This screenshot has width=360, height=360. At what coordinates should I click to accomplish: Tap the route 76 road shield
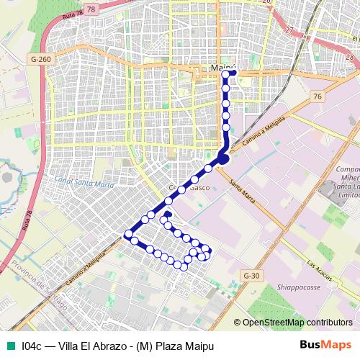point(317,96)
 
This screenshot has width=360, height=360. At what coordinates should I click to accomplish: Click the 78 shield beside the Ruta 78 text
point(90,9)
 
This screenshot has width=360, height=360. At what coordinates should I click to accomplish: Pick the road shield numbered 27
point(289,30)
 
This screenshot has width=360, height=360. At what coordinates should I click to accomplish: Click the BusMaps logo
point(325,345)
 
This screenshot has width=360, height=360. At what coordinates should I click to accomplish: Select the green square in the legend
point(9,345)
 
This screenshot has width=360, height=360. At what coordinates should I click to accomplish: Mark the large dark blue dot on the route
point(222,158)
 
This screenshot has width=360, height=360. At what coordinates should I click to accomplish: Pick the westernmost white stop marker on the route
point(128,234)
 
